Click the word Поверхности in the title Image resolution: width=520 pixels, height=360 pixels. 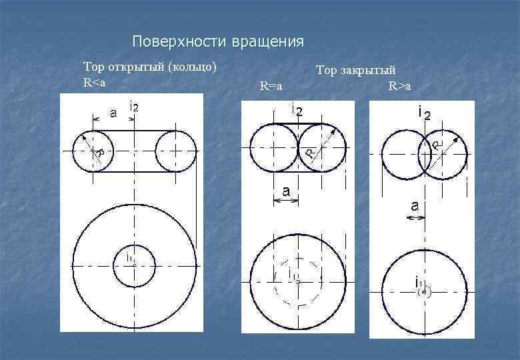click(x=179, y=42)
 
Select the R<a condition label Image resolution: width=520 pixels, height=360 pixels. click(x=94, y=83)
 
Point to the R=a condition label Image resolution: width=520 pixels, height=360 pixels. click(x=271, y=86)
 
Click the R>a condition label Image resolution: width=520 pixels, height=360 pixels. click(x=400, y=86)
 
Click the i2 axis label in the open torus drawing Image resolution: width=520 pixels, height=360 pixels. click(x=134, y=107)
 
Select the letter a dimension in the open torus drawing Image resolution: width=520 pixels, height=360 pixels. click(x=113, y=113)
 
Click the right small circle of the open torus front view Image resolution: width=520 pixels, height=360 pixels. click(x=175, y=151)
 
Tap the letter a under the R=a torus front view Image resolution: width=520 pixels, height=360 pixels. click(x=286, y=191)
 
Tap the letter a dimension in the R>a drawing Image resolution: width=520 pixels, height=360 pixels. click(x=415, y=207)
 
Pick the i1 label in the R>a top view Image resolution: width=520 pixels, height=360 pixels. click(x=417, y=283)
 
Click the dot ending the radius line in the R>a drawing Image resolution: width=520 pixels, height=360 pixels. click(x=455, y=139)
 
